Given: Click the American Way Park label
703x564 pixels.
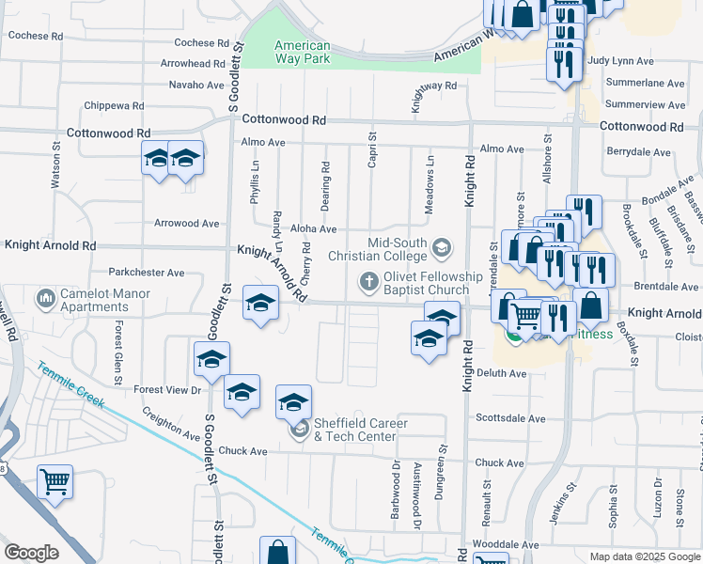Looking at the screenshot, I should pyautogui.click(x=302, y=52).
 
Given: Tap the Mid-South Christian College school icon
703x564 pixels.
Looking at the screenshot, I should pyautogui.click(x=442, y=248).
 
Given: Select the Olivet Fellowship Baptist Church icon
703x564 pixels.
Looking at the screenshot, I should pyautogui.click(x=368, y=280).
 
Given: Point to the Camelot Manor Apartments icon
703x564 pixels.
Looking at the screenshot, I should pyautogui.click(x=44, y=300).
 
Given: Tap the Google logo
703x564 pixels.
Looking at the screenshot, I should pyautogui.click(x=31, y=553).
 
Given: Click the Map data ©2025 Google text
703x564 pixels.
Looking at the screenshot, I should pyautogui.click(x=644, y=556).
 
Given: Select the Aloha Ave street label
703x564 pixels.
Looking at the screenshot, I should pyautogui.click(x=314, y=229).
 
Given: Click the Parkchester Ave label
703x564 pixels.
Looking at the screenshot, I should pyautogui.click(x=147, y=273).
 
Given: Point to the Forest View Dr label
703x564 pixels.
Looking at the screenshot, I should pyautogui.click(x=168, y=389).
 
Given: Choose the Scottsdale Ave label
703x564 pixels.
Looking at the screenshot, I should pyautogui.click(x=510, y=418).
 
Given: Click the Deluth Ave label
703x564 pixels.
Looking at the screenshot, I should pyautogui.click(x=503, y=373).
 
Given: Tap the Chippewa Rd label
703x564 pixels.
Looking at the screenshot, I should pyautogui.click(x=114, y=106).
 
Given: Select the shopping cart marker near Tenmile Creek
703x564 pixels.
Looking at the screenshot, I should pyautogui.click(x=55, y=482).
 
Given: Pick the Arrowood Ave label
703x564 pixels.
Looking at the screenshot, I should pyautogui.click(x=188, y=224).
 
